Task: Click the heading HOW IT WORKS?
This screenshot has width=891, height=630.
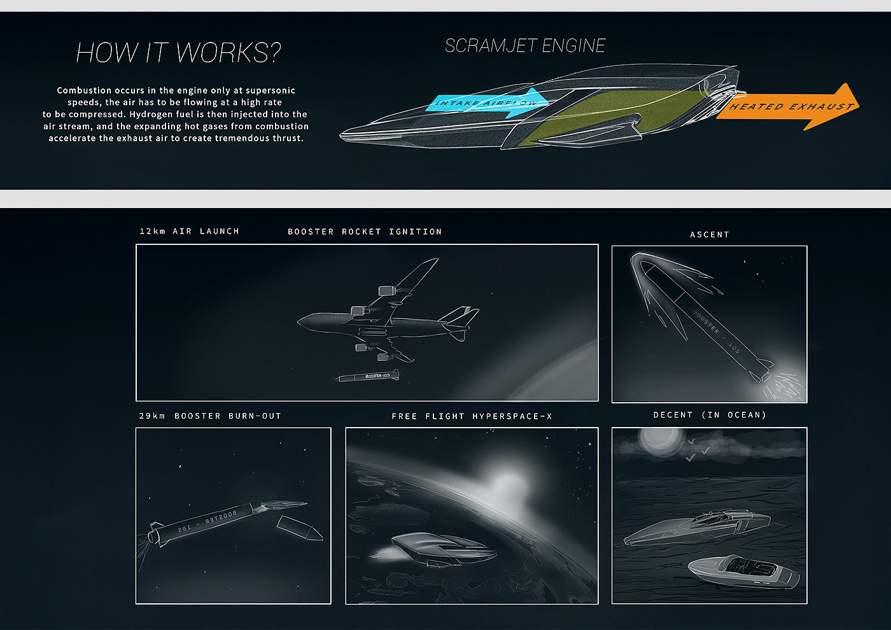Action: tap(178, 53)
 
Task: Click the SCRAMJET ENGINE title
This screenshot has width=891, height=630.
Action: tap(525, 46)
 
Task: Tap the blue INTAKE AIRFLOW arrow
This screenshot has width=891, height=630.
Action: tap(484, 103)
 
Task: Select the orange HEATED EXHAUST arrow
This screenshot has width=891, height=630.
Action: tap(789, 107)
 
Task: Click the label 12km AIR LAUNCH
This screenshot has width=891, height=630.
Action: tap(189, 231)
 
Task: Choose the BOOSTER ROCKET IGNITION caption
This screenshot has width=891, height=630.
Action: tap(365, 232)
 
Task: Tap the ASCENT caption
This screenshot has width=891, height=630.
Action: tap(710, 235)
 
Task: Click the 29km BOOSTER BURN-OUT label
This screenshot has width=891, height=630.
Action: tap(210, 416)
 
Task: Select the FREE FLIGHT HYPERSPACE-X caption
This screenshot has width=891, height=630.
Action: tap(472, 416)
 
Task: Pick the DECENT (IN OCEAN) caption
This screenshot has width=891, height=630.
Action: tap(710, 415)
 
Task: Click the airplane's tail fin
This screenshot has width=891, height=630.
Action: tap(460, 316)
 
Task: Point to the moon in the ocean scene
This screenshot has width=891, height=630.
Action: tap(655, 440)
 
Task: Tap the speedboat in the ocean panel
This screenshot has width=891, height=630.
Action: tap(743, 570)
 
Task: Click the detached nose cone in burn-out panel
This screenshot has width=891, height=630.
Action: tap(300, 528)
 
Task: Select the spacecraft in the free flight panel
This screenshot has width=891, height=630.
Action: tap(442, 550)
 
